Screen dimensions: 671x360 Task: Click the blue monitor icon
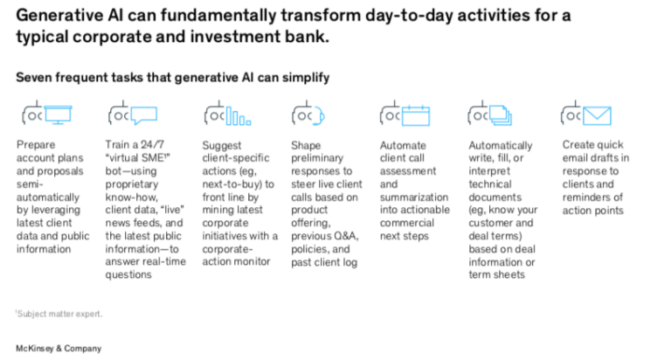[58, 114]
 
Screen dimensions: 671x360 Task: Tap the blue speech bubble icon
[144, 115]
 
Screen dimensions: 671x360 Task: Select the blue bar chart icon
[239, 115]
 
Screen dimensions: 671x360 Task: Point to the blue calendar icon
[416, 115]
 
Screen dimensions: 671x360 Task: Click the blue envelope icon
[597, 115]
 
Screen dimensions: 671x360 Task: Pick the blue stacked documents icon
[501, 115]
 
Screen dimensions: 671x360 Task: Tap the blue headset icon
[318, 116]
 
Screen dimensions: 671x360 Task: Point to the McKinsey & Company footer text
[59, 349]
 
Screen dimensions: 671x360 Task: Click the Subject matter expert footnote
[59, 314]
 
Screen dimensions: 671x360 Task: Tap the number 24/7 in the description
[153, 145]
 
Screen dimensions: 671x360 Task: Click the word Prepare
[36, 145]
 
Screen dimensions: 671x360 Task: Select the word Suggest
[222, 146]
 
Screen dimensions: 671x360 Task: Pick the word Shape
[306, 146]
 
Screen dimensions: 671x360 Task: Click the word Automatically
[501, 146]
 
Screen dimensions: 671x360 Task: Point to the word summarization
[414, 197]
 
